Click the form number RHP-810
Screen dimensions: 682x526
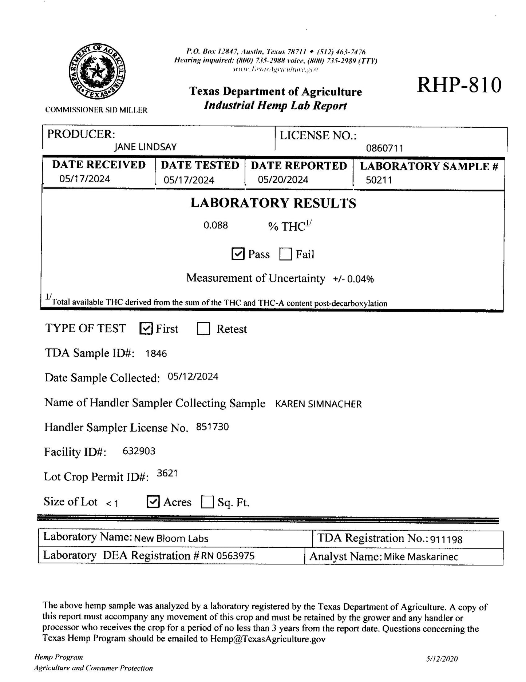459,85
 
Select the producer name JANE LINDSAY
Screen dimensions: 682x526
145,147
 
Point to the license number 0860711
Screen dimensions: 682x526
384,148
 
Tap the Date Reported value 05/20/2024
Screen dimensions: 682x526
283,180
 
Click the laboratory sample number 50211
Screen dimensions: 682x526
379,180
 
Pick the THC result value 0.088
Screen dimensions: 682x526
215,225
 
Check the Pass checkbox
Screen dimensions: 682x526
238,254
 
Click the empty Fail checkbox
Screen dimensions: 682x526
286,254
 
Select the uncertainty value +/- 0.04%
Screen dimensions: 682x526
353,279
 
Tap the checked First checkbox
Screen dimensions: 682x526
146,329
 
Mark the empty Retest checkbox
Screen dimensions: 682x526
203,329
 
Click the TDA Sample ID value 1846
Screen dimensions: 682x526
156,353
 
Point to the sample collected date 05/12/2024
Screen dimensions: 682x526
193,377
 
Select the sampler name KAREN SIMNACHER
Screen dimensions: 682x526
318,404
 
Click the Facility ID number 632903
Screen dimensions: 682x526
139,451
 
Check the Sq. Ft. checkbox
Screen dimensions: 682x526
207,502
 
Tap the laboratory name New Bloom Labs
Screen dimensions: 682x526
171,539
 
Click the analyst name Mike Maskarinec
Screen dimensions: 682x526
421,557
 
